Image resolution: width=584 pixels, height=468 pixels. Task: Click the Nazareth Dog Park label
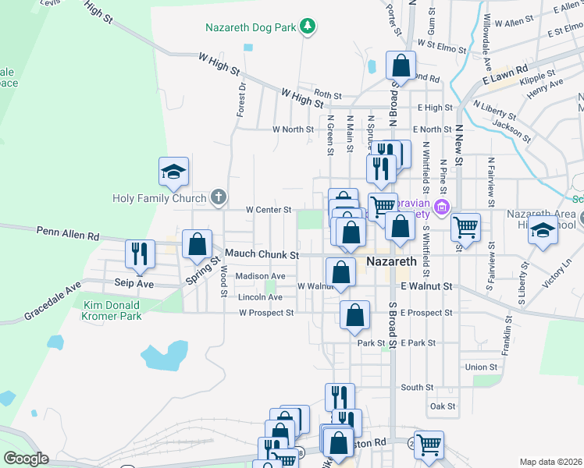pos(251,27)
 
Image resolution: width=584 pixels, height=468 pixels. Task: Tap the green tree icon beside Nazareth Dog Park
pos(308,27)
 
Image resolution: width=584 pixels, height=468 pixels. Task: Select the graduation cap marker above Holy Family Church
pos(174,173)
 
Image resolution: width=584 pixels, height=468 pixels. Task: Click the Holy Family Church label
pos(158,197)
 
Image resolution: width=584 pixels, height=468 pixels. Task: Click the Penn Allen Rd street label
pos(68,233)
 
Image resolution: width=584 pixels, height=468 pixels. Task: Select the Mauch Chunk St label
pos(262,254)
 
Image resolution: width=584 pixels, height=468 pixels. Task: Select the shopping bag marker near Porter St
pos(401,66)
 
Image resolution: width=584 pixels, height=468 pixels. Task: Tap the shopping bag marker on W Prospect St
pos(354,316)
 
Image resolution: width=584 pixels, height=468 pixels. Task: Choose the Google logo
pos(26,458)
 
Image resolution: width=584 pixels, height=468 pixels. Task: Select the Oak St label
pos(442,406)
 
